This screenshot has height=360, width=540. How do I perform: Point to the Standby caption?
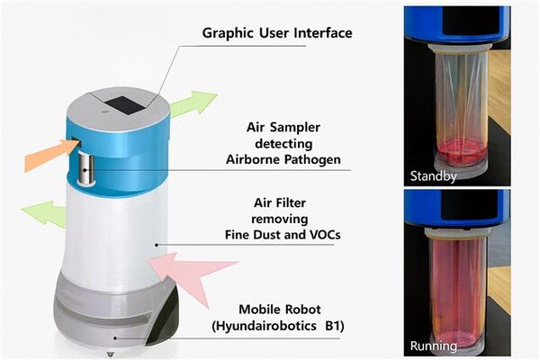click(434, 175)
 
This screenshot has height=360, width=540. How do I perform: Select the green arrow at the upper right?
click(193, 103)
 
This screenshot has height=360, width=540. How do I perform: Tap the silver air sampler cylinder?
click(86, 167)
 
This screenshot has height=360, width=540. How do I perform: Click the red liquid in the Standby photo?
click(460, 148)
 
